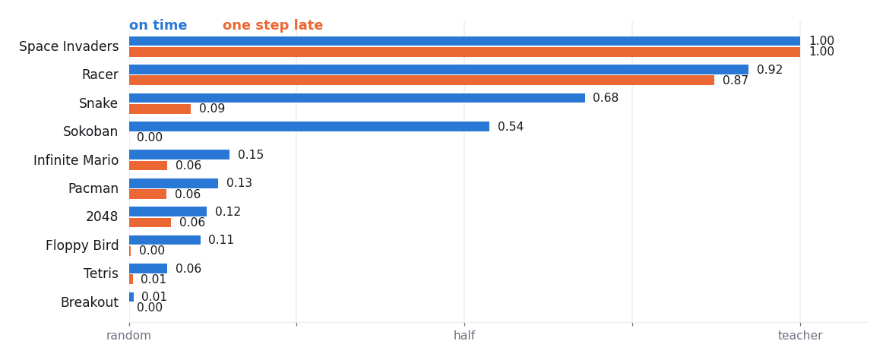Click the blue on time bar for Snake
click(357, 98)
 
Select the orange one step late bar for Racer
click(422, 81)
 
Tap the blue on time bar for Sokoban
click(309, 127)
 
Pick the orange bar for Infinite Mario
click(148, 166)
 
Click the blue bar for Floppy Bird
click(165, 240)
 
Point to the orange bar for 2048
click(150, 223)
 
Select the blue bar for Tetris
click(148, 268)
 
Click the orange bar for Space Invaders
click(464, 52)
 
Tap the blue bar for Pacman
click(173, 183)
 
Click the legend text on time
click(158, 25)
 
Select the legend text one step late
click(273, 25)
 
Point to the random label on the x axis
click(129, 336)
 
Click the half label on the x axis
click(464, 336)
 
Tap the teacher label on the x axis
click(800, 336)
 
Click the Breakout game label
click(90, 302)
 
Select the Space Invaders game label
click(69, 47)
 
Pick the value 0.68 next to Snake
click(606, 98)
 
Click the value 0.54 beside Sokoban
click(511, 127)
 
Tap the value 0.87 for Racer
click(736, 81)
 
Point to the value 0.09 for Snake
click(212, 109)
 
